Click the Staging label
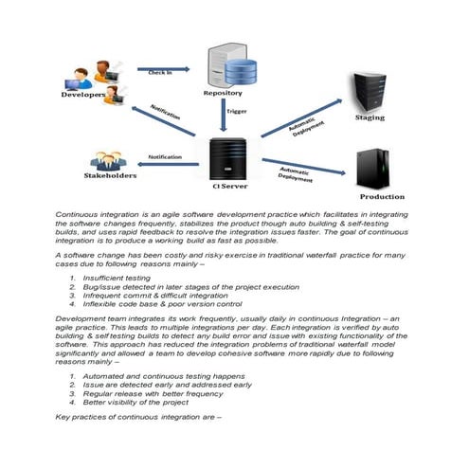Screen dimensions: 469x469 click(370, 119)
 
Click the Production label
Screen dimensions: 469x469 click(382, 197)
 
